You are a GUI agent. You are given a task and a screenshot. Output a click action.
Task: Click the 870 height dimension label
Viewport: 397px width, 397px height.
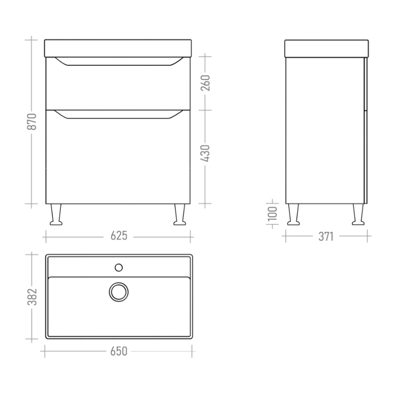(32, 122)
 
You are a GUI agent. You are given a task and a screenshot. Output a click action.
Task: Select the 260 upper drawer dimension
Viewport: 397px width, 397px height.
(205, 83)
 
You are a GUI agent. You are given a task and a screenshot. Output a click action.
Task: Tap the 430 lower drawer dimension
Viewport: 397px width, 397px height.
(205, 154)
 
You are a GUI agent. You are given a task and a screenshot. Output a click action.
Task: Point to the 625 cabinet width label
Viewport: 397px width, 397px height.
(119, 236)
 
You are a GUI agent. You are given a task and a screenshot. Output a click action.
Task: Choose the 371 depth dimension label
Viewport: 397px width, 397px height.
(326, 236)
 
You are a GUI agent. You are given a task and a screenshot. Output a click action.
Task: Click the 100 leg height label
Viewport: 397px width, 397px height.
(273, 213)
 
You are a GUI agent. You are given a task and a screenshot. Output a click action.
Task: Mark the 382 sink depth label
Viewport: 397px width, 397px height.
(32, 297)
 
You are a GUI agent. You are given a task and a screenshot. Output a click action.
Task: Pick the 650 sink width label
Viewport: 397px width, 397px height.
(119, 352)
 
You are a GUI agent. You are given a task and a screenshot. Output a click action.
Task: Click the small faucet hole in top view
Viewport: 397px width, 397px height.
(119, 268)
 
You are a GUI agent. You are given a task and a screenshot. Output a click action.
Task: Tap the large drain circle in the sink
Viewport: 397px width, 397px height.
(119, 292)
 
